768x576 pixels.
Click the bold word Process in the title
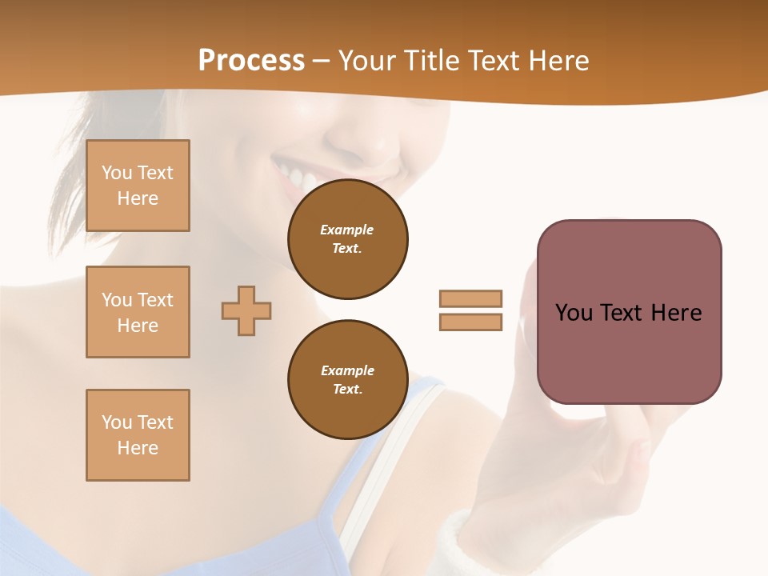pos(251,61)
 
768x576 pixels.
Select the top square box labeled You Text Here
pos(138,186)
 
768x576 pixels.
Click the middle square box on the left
pos(138,312)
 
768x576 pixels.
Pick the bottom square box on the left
pos(138,435)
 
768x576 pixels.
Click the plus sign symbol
pos(246,310)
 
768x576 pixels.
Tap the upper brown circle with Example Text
pos(348,239)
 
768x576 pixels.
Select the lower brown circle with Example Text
pos(348,380)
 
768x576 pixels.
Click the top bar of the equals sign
pos(470,298)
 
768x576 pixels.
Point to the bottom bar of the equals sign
pos(470,322)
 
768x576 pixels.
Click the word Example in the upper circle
pos(346,230)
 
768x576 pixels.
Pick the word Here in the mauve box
pos(676,313)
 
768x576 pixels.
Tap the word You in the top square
pos(116,173)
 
